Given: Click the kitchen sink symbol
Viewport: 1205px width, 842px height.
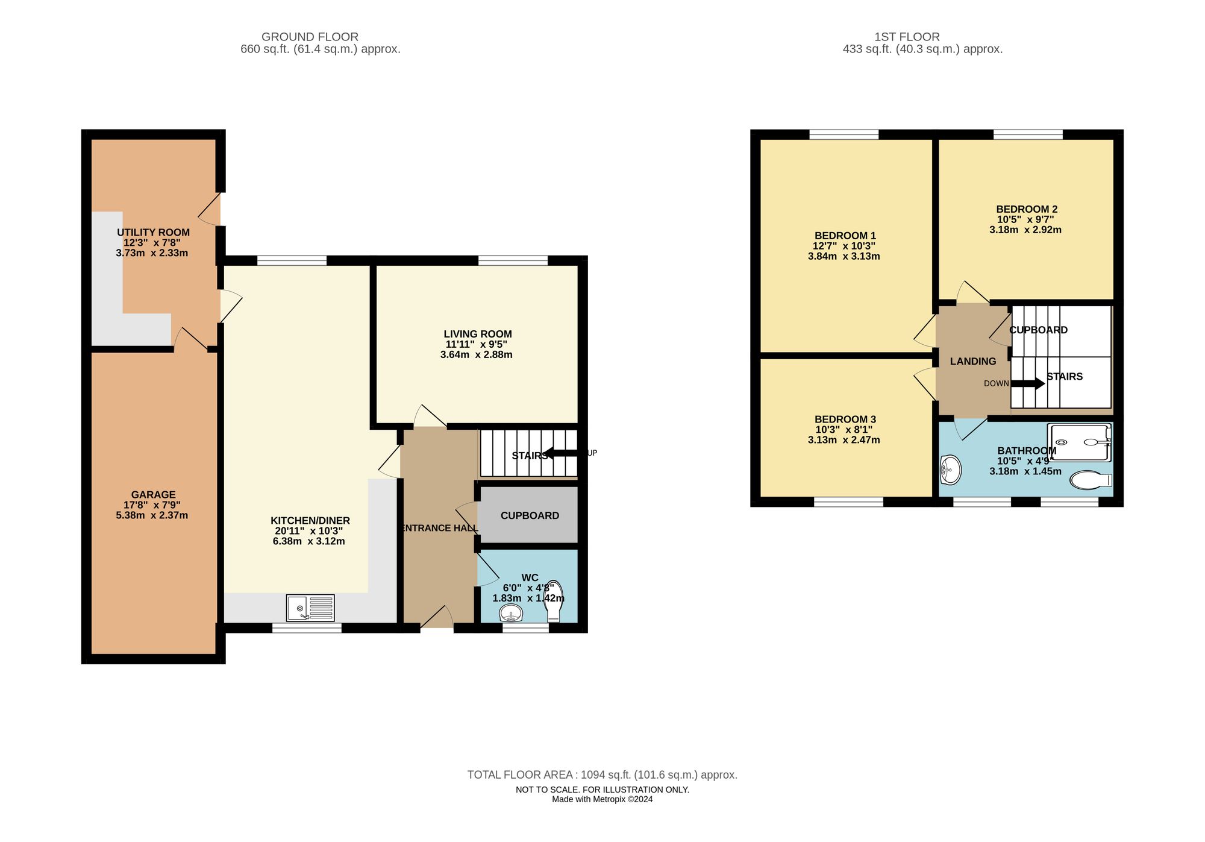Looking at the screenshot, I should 310,608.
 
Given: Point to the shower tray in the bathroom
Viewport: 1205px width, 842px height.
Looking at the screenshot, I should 1079,442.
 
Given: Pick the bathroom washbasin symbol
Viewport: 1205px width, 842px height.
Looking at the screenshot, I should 950,469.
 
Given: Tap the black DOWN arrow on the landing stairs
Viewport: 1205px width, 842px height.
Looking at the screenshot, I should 1028,383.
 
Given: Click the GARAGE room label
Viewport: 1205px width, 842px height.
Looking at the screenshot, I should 153,495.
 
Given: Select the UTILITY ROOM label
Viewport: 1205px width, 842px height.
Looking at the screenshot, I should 153,233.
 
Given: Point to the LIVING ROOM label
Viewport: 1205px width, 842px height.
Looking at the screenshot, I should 477,334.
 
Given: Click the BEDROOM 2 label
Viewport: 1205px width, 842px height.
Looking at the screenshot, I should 1026,209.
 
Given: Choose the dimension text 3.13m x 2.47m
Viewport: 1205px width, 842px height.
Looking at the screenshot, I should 843,440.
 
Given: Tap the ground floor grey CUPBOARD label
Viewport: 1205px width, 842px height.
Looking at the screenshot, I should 530,515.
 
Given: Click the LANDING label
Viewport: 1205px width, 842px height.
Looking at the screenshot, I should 972,361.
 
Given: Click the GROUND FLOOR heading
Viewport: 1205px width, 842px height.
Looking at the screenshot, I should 310,37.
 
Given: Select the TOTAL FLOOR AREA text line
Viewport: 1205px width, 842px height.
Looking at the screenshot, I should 602,774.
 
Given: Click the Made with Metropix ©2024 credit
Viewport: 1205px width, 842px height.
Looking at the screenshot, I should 602,799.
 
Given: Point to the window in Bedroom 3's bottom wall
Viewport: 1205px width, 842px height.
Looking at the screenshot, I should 848,501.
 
